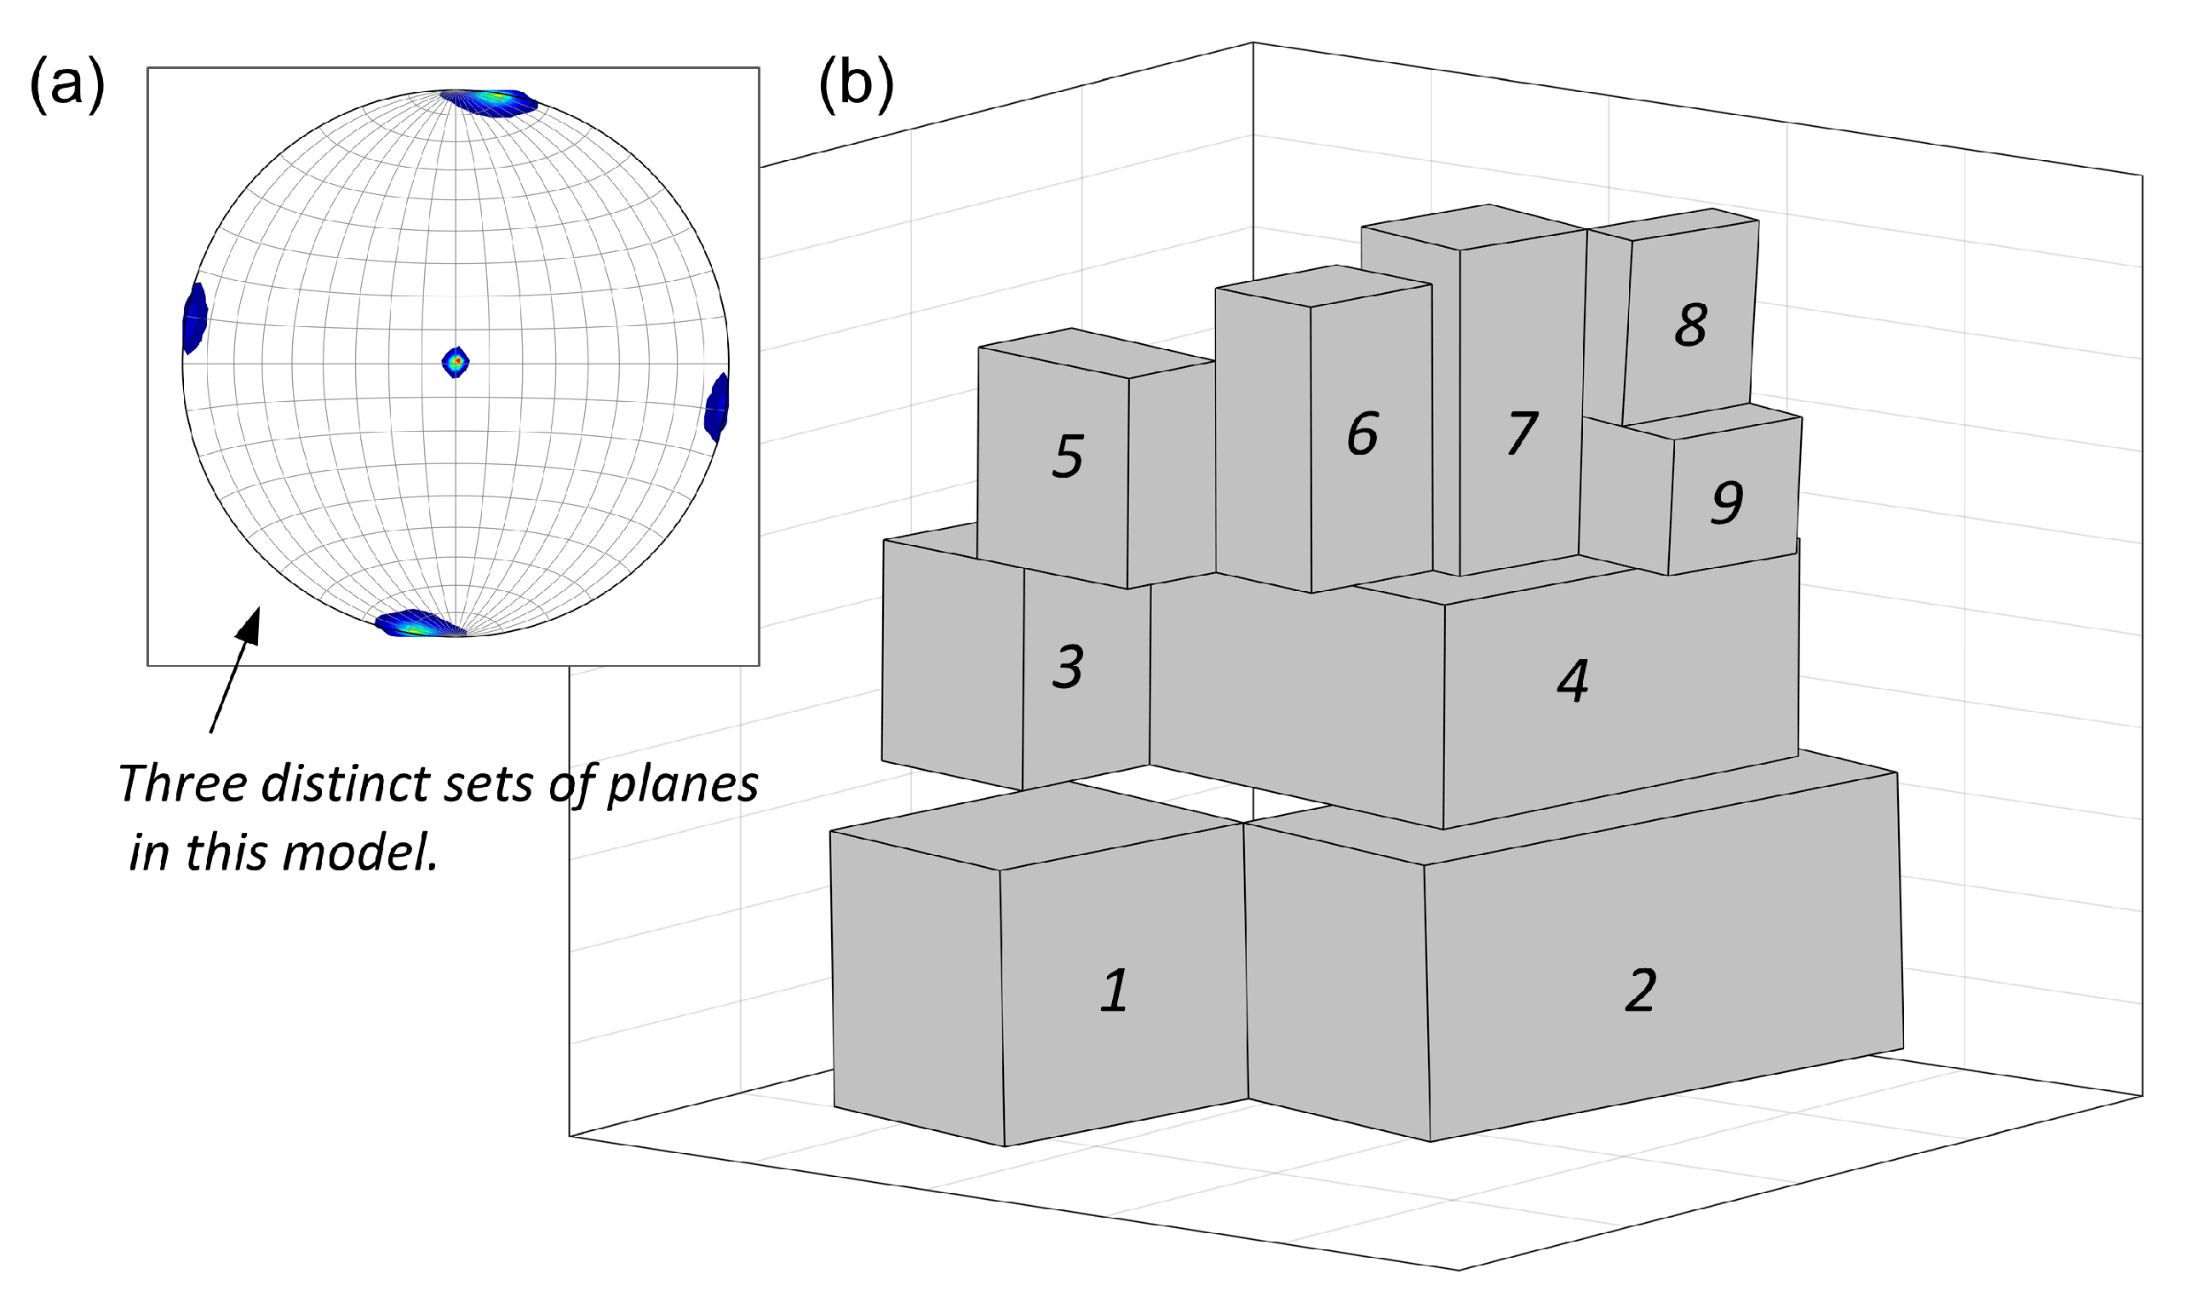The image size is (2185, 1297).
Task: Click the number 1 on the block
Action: coord(1114,991)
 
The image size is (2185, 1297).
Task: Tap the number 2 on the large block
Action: coord(1641,991)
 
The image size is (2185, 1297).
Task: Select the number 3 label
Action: coord(1068,667)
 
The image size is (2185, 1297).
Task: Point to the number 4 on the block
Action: coord(1573,680)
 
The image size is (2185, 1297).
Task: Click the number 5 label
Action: coord(1068,456)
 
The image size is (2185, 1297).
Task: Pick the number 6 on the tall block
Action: coord(1362,433)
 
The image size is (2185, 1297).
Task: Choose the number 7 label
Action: coord(1522,433)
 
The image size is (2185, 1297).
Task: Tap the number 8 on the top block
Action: coord(1690,325)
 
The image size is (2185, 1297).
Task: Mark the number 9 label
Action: coord(1727,502)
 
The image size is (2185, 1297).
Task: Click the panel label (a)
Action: coord(67,86)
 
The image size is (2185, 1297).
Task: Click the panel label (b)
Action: coord(856,86)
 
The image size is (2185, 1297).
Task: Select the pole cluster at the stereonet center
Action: coord(456,361)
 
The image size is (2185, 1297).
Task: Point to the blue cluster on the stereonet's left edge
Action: coord(195,318)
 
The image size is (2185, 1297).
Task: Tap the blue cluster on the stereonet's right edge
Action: coord(716,406)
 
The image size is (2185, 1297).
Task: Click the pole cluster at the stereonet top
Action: coord(490,101)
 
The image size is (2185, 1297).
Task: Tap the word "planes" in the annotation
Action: coord(682,785)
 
